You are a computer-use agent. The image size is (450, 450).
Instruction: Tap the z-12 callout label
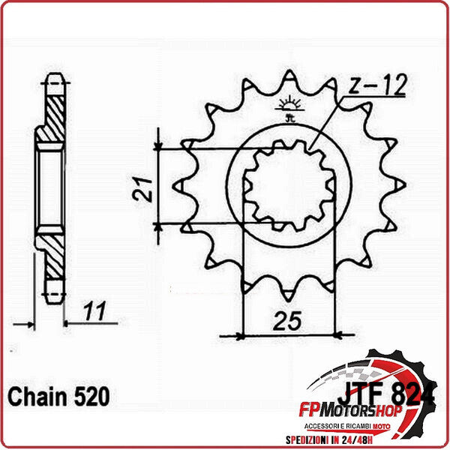376,87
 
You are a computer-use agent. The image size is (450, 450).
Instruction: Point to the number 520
93,394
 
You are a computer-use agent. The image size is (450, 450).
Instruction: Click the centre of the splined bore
289,186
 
